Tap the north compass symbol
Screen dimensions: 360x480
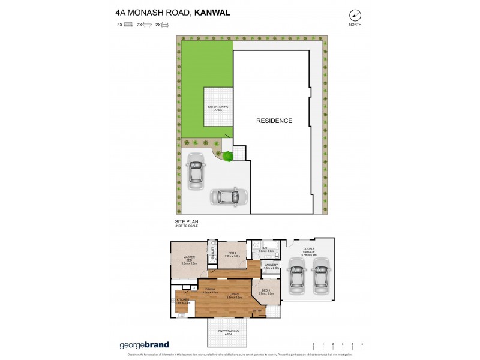355,15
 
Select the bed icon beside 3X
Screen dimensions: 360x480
128,25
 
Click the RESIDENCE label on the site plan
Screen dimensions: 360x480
274,121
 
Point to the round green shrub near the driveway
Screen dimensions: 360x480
228,157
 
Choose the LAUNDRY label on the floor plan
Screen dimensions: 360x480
271,266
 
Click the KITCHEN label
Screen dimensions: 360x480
183,301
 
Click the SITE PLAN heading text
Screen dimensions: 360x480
187,221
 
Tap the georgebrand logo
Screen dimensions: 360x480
142,345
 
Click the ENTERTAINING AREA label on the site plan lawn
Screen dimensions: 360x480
218,107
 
